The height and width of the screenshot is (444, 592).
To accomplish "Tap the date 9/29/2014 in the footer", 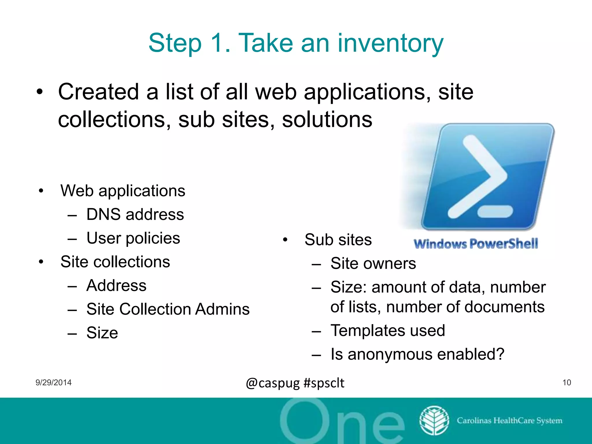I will coord(53,382).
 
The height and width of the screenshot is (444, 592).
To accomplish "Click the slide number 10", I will coord(567,382).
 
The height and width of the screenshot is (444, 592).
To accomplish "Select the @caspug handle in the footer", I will coord(273,383).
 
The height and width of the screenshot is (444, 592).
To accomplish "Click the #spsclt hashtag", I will coord(324,383).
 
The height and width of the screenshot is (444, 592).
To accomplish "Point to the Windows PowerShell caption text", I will coord(476,244).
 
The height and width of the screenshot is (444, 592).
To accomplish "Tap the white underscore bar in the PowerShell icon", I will coord(495,211).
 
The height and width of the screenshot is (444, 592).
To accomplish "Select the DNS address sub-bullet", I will coord(135,214).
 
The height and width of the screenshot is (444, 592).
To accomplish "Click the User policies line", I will coord(133,238).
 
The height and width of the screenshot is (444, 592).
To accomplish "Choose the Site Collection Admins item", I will coord(168,309).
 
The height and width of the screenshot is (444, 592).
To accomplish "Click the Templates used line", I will coord(388,330).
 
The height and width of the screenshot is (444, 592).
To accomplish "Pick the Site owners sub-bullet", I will coord(373,263).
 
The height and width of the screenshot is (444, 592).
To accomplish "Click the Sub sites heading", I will coord(338,240).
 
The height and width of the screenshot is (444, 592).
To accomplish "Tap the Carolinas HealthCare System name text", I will coord(509,420).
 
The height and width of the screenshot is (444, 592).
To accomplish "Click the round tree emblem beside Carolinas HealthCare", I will coord(434,421).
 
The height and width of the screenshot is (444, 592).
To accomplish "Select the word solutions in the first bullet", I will coord(327,120).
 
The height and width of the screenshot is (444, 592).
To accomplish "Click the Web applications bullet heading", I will coord(123,191).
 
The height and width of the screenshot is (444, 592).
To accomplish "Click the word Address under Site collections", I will coord(116,286).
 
